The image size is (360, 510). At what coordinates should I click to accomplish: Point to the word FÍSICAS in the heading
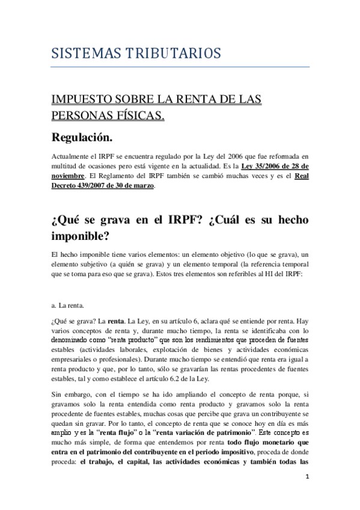coord(138,114)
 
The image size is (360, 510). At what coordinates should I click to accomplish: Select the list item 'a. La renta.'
coord(68,305)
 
